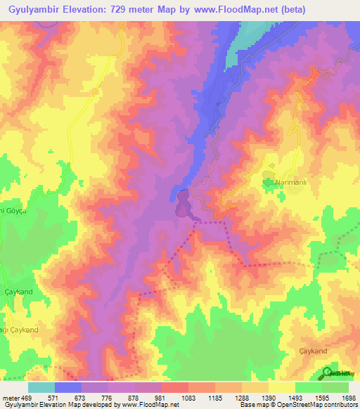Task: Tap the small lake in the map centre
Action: [x=183, y=204]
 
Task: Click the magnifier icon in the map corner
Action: [x=328, y=372]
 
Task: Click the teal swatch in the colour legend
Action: [x=41, y=387]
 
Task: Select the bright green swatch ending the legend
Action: [x=335, y=387]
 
